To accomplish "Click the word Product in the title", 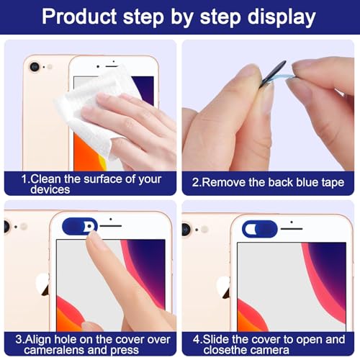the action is [79, 17].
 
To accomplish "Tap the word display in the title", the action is [282, 18].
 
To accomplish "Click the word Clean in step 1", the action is [45, 179].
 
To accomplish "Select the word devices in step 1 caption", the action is [50, 189].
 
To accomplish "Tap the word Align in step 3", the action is [38, 339].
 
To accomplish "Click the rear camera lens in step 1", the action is [35, 66].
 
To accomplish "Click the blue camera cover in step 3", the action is [79, 226].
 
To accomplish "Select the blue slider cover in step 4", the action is [260, 229].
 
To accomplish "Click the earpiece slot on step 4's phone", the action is [292, 229].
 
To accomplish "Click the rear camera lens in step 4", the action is [186, 229].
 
